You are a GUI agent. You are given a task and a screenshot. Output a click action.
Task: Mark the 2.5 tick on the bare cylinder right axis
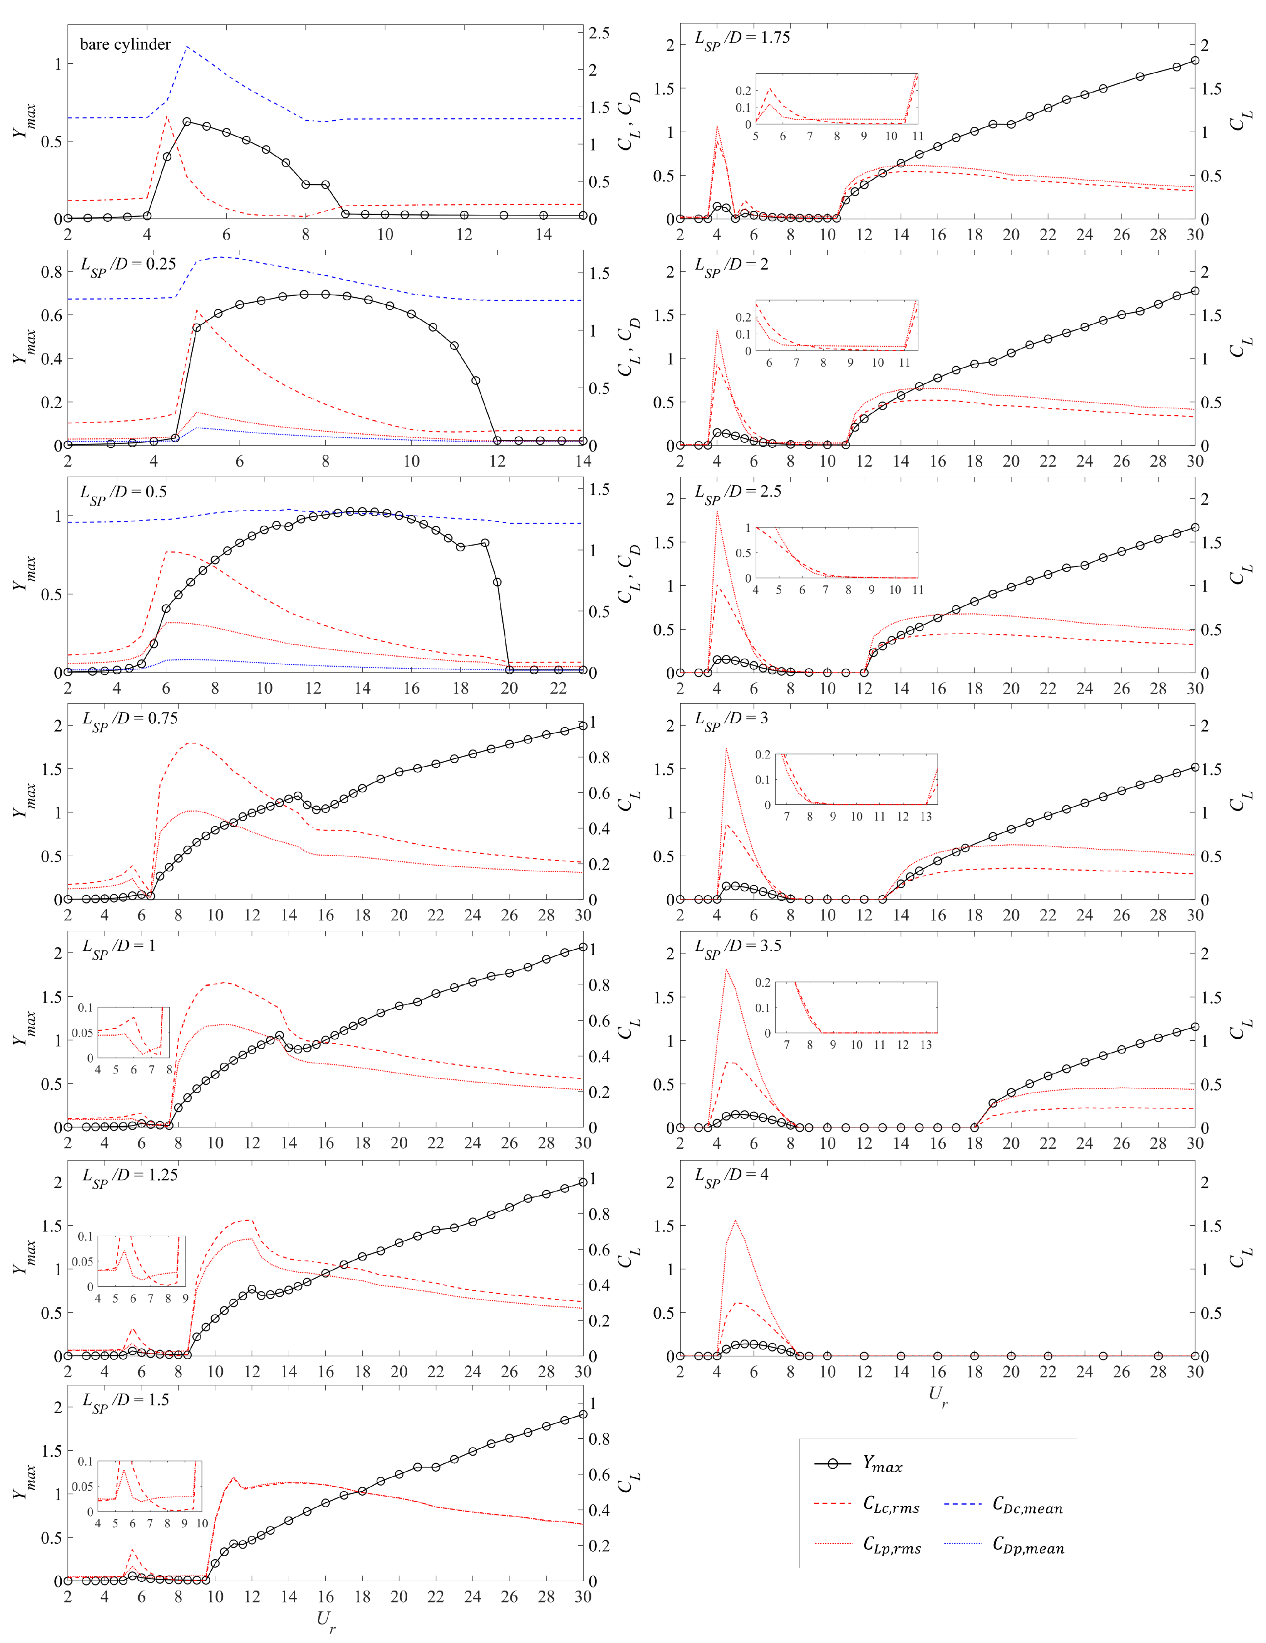click(599, 33)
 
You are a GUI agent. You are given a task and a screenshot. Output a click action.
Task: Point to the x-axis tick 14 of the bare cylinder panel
click(544, 235)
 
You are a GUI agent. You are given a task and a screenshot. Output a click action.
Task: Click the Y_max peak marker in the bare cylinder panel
click(187, 122)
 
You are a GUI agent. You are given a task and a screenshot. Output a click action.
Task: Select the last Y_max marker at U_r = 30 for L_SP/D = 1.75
click(1195, 61)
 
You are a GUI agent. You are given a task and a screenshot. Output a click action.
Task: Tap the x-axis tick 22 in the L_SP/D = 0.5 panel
click(558, 688)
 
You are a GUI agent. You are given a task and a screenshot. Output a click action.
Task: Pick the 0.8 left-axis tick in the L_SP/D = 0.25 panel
click(52, 272)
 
